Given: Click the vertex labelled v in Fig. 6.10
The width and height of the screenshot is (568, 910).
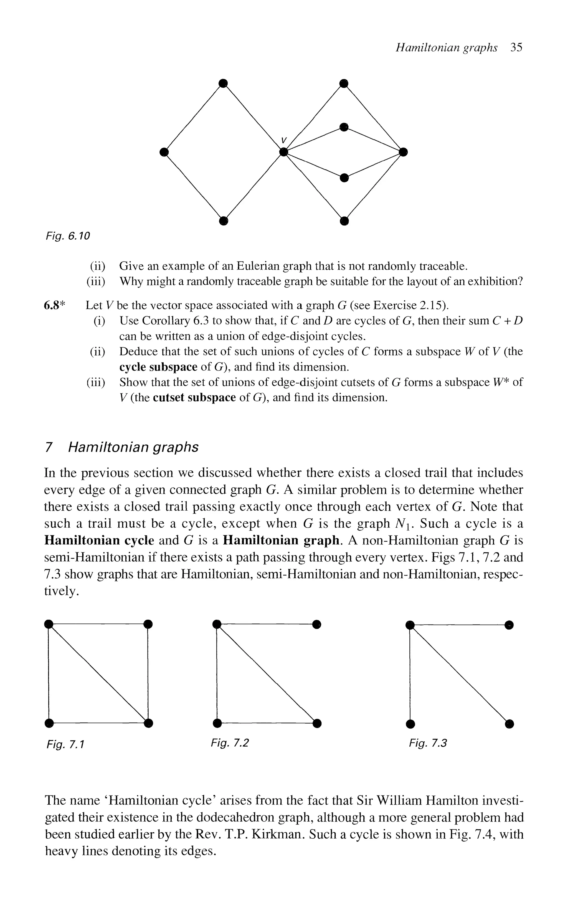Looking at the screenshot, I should coord(284,152).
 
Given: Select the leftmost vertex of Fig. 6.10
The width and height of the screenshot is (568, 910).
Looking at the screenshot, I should coord(163,152).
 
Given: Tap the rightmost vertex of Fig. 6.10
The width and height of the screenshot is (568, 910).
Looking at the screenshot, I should coord(403,152).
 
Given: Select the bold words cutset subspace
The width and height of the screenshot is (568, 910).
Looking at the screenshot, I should coord(194,397).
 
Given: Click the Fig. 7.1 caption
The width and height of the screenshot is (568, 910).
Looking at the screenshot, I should coord(65,744).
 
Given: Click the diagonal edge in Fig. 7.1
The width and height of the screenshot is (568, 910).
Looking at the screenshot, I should coord(98,673).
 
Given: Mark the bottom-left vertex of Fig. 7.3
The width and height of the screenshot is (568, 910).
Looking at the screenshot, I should coord(410,723).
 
